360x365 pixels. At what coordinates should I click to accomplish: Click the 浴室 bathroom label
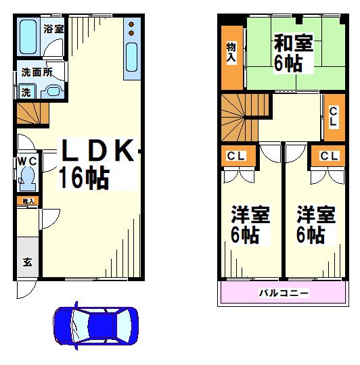click(x=53, y=29)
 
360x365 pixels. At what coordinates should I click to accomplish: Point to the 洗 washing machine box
click(x=26, y=92)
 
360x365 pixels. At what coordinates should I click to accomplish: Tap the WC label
click(x=26, y=161)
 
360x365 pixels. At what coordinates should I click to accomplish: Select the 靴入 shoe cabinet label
click(x=28, y=201)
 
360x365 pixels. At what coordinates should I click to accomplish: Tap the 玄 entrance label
click(x=28, y=262)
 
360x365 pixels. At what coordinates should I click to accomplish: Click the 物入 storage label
click(x=231, y=53)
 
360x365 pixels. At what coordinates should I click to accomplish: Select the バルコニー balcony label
click(x=284, y=293)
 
